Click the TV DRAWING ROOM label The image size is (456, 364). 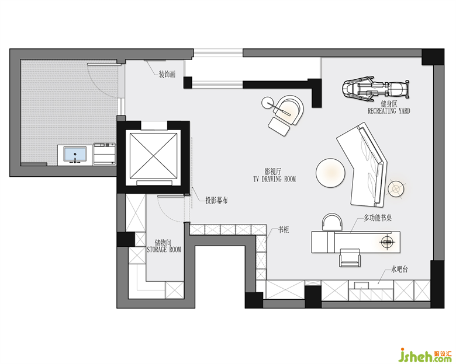(274, 179)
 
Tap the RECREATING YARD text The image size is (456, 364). (389, 111)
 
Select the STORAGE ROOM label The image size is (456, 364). (164, 250)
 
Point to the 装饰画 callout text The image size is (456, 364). (167, 74)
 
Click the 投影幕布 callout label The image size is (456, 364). (217, 200)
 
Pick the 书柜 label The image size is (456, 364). (284, 230)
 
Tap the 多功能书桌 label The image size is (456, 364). (378, 218)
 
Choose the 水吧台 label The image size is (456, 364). (399, 269)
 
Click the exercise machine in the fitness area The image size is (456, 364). (376, 88)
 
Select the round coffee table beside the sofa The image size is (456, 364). (330, 173)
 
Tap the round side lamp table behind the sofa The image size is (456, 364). (396, 189)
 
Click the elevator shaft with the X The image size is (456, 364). (153, 156)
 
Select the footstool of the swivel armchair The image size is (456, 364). (279, 127)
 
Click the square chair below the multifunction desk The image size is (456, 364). (350, 257)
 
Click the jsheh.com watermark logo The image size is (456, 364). (425, 355)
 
